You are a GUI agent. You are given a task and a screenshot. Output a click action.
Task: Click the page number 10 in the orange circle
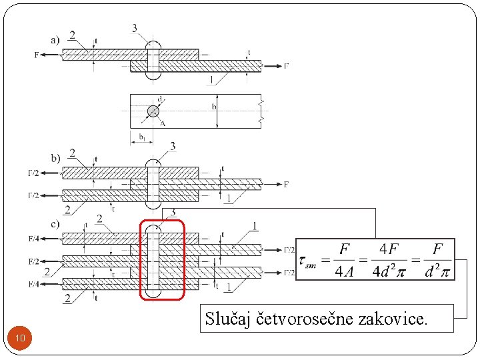tap(21, 339)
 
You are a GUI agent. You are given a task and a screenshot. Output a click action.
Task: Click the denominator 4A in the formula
tap(344, 271)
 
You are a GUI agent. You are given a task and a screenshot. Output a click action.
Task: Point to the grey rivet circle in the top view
tap(153, 111)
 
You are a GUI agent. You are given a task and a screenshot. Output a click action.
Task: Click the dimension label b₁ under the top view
tap(141, 137)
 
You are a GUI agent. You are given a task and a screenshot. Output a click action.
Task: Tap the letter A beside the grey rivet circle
tap(163, 122)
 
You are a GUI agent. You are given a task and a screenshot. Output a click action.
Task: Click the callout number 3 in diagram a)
tap(135, 28)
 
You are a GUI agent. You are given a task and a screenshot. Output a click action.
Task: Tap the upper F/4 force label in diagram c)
tap(33, 238)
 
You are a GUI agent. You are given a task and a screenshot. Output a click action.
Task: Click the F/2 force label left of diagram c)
tap(33, 261)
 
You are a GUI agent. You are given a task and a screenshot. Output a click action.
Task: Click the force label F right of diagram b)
tap(286, 184)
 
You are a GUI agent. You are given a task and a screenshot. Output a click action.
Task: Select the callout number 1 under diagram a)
tap(211, 80)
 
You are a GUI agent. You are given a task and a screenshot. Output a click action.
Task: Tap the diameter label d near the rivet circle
tap(160, 99)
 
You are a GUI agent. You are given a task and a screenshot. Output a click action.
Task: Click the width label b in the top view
tap(213, 107)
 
